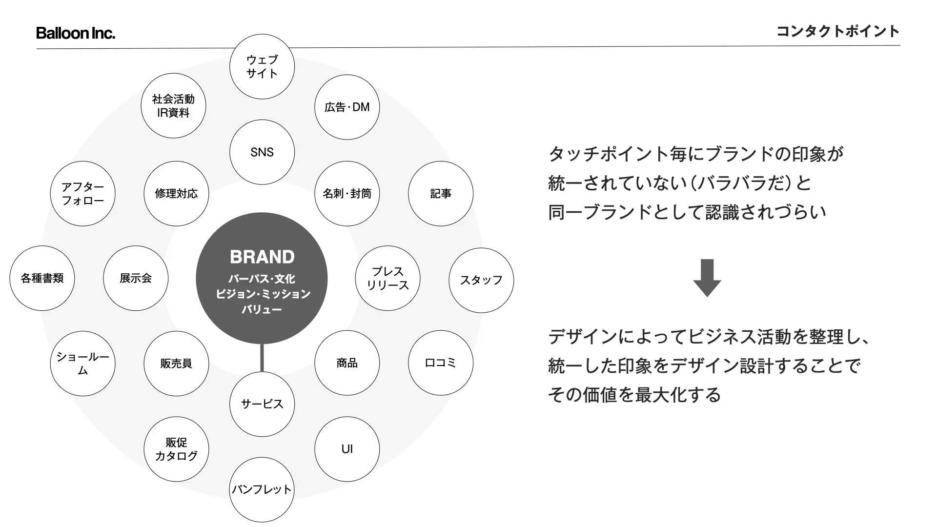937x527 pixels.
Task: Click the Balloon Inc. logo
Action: tap(76, 33)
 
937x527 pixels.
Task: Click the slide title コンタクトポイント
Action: tap(837, 31)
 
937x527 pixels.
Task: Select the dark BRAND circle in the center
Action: tap(262, 278)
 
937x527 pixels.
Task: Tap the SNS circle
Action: tap(262, 152)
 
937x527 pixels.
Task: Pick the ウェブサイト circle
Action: tap(262, 66)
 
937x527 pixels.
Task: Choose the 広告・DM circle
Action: tap(347, 107)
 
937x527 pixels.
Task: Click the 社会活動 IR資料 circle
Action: tap(173, 106)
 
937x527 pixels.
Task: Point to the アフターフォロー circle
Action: tap(82, 194)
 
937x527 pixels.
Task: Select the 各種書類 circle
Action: tap(42, 278)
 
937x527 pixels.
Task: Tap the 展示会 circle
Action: tap(136, 278)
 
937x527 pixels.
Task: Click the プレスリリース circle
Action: tap(387, 278)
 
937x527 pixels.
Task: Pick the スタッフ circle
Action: tap(481, 280)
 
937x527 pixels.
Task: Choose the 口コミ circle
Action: tap(441, 363)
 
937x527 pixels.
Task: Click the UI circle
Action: tap(347, 449)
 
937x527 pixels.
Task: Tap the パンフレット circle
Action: tap(262, 489)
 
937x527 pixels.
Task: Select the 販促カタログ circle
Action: tap(176, 449)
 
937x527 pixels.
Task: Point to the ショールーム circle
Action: tap(82, 364)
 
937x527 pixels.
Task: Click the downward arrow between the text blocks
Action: tap(707, 278)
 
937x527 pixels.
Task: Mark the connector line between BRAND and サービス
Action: tap(262, 358)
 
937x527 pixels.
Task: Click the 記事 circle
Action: tap(441, 194)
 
